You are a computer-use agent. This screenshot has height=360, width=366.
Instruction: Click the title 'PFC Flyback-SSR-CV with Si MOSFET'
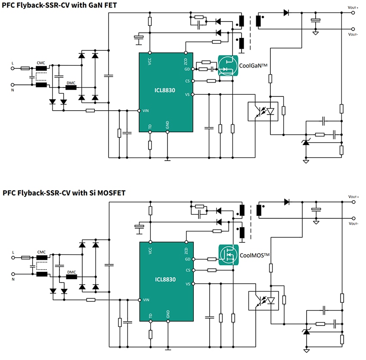pyautogui.click(x=64, y=193)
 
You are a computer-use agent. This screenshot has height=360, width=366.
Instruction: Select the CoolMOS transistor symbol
pyautogui.click(x=228, y=254)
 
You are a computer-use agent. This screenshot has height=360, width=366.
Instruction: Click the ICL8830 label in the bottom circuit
pyautogui.click(x=165, y=279)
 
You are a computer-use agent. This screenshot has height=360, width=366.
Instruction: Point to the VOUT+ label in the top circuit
pyautogui.click(x=353, y=7)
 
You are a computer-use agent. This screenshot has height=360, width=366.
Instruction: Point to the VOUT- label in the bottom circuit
pyautogui.click(x=353, y=224)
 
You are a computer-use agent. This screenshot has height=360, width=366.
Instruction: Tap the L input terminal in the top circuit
pyautogui.click(x=12, y=68)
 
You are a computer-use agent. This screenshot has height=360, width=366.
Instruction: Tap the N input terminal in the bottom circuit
pyautogui.click(x=12, y=274)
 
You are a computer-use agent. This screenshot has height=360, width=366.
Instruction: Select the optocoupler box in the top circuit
pyautogui.click(x=263, y=112)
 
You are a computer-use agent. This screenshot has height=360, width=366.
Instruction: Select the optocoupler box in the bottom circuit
pyautogui.click(x=264, y=301)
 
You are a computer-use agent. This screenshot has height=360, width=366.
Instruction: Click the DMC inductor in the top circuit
pyautogui.click(x=71, y=88)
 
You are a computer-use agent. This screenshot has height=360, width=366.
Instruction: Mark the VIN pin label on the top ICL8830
pyautogui.click(x=146, y=111)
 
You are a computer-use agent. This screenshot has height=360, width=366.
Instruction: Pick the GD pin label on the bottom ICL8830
pyautogui.click(x=187, y=259)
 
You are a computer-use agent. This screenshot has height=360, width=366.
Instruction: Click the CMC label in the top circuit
pyautogui.click(x=41, y=62)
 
